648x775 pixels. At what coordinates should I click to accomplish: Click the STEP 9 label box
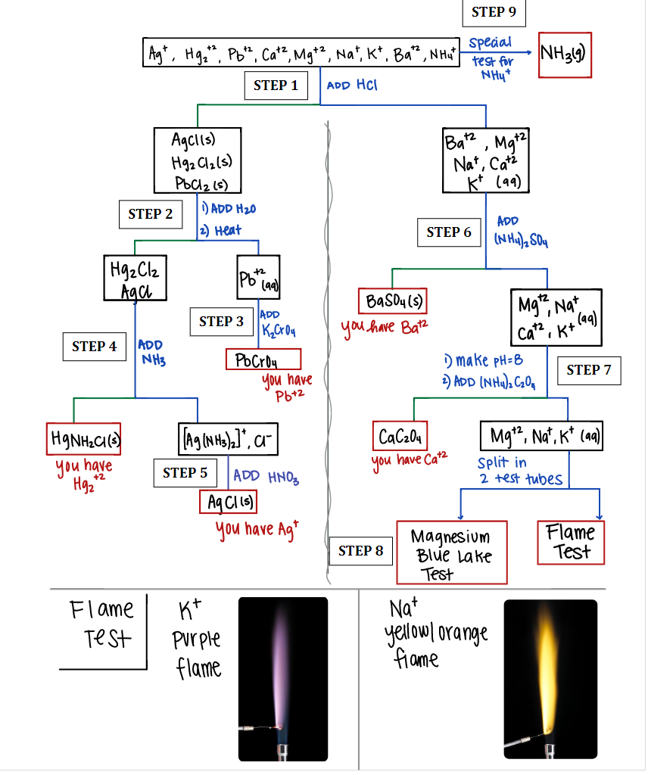(x=493, y=12)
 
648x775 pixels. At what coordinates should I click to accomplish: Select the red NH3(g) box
(x=565, y=54)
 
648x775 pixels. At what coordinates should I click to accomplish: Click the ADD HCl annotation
(x=352, y=86)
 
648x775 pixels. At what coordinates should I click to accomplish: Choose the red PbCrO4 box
(x=263, y=359)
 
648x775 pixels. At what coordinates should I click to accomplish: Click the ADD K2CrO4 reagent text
(x=276, y=323)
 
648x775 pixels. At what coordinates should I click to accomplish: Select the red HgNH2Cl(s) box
(x=83, y=439)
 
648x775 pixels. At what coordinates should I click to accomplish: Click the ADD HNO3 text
(x=266, y=476)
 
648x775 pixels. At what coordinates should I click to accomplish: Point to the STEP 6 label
(x=448, y=232)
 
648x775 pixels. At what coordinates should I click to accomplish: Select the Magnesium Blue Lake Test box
(x=451, y=552)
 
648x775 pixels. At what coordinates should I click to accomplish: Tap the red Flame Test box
(x=571, y=542)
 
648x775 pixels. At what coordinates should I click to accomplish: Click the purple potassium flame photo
(x=282, y=678)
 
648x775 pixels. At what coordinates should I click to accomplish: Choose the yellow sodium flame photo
(x=550, y=678)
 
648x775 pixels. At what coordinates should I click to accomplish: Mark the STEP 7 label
(x=588, y=370)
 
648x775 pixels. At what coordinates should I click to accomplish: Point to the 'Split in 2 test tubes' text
(x=519, y=470)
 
